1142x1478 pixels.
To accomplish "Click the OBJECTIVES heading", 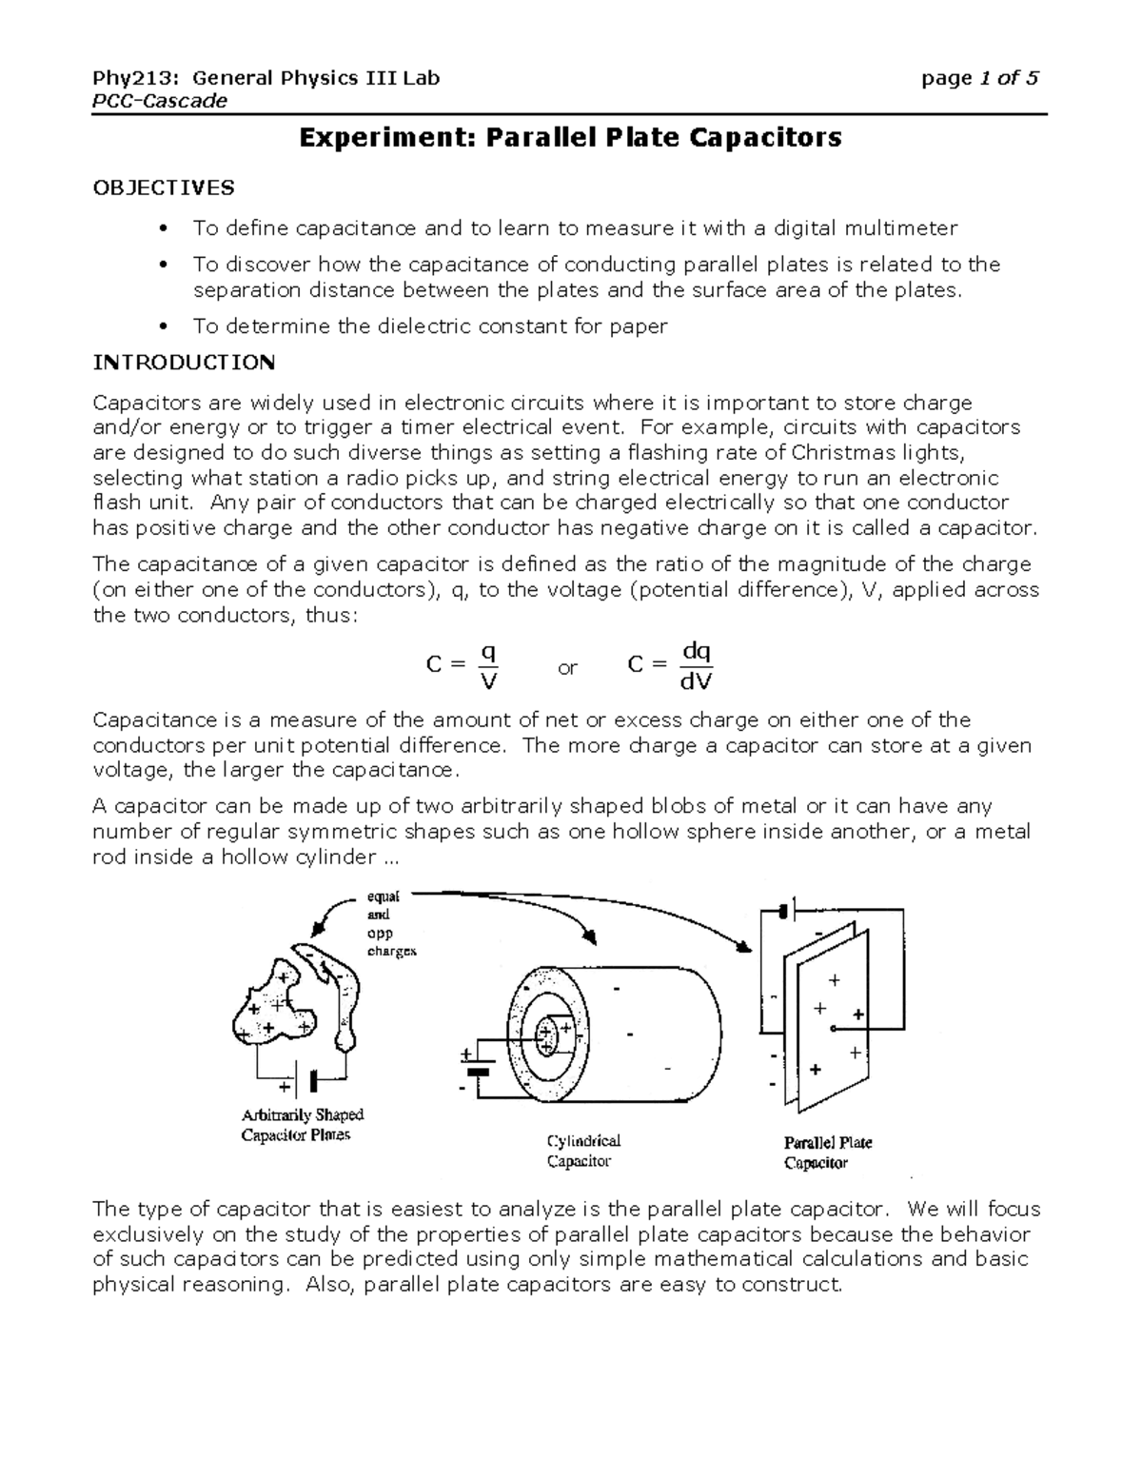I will tap(163, 187).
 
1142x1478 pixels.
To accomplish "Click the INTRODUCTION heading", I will tap(184, 363).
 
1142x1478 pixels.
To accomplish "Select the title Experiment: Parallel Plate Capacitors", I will tap(570, 138).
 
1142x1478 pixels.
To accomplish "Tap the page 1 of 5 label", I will tap(979, 78).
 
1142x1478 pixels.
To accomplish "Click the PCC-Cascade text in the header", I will tap(160, 101).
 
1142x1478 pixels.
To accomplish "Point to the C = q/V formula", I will tap(464, 665).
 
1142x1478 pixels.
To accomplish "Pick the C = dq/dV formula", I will tap(671, 665).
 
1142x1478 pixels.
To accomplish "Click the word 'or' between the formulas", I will tap(567, 668).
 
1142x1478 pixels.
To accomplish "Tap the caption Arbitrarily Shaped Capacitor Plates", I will tap(303, 1124).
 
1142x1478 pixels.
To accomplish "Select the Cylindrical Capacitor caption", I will tap(582, 1151).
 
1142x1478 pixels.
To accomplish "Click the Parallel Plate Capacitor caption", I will tap(827, 1152).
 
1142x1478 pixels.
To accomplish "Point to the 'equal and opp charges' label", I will tap(390, 923).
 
